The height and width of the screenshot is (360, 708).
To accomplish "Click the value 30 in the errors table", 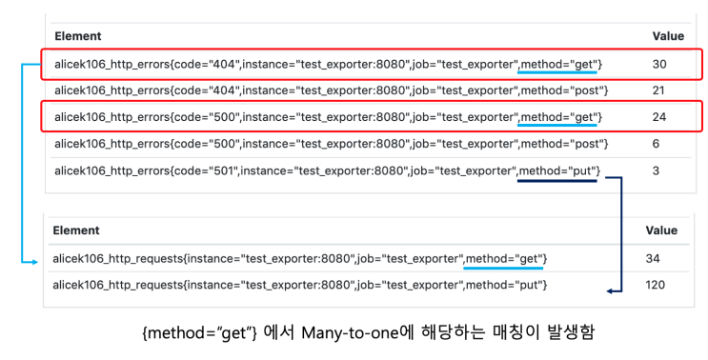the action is [659, 64].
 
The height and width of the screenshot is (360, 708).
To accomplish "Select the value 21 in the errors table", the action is [658, 90].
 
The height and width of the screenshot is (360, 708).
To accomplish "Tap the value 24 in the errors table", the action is [659, 117].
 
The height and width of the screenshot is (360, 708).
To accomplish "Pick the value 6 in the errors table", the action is [656, 144].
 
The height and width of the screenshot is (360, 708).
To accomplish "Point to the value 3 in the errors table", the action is [656, 170].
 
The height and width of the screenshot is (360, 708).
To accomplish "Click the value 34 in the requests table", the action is [653, 258].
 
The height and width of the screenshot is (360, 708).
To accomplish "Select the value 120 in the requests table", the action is [656, 285].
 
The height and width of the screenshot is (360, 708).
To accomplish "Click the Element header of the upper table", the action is [78, 36].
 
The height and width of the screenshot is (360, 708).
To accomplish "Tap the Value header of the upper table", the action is [668, 36].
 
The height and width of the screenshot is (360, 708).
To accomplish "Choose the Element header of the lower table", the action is [76, 230].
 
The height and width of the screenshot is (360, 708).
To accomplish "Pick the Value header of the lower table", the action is [661, 230].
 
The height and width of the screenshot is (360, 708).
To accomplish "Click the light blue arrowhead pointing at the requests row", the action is [35, 262].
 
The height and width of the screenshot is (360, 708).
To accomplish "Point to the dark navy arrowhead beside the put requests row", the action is [609, 291].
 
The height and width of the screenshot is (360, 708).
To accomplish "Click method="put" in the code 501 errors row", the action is [557, 171].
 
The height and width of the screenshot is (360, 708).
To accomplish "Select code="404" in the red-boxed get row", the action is [207, 64].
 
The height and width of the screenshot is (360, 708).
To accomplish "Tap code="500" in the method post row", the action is [207, 144].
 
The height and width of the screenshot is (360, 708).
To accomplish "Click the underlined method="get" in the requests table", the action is [503, 259].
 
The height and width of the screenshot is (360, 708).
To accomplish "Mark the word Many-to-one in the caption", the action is [351, 333].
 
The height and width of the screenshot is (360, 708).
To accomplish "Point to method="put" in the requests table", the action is [504, 285].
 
